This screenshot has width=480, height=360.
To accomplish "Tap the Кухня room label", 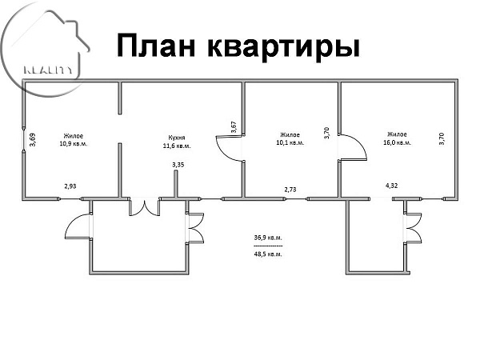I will tap(177, 136).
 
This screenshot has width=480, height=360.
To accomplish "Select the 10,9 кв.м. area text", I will tap(73, 144).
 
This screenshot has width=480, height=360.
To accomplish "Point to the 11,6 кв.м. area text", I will tap(176, 146).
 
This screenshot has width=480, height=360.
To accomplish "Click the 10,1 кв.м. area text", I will tap(290, 144).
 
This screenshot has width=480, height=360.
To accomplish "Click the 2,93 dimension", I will tap(71, 186).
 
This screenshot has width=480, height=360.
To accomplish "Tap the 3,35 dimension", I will tap(178, 165).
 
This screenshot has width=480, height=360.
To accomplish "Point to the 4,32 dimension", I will tap(392, 186).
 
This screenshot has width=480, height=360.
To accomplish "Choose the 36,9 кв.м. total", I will tap(268, 238).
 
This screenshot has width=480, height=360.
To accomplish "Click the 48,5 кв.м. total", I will tap(268, 254).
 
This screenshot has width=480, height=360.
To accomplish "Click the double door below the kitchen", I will tap(145, 206).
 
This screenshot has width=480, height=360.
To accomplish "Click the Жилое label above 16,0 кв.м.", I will tap(397, 135).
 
